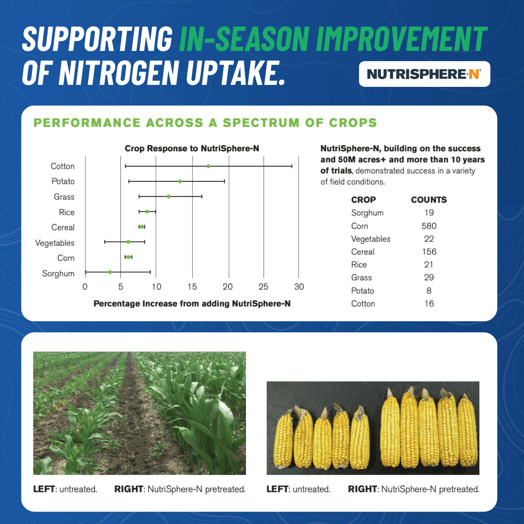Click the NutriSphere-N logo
424,74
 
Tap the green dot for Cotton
208,166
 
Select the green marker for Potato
180,181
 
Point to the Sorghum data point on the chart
110,272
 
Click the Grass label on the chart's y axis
64,197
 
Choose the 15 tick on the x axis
192,287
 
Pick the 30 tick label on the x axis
299,287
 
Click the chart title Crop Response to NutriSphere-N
192,148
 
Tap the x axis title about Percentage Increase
192,303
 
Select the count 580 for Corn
429,226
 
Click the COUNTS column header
429,200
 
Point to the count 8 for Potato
429,291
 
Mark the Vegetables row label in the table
371,239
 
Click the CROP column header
363,200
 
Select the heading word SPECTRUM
261,123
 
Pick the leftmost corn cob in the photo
283,440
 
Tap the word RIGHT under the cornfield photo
129,489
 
